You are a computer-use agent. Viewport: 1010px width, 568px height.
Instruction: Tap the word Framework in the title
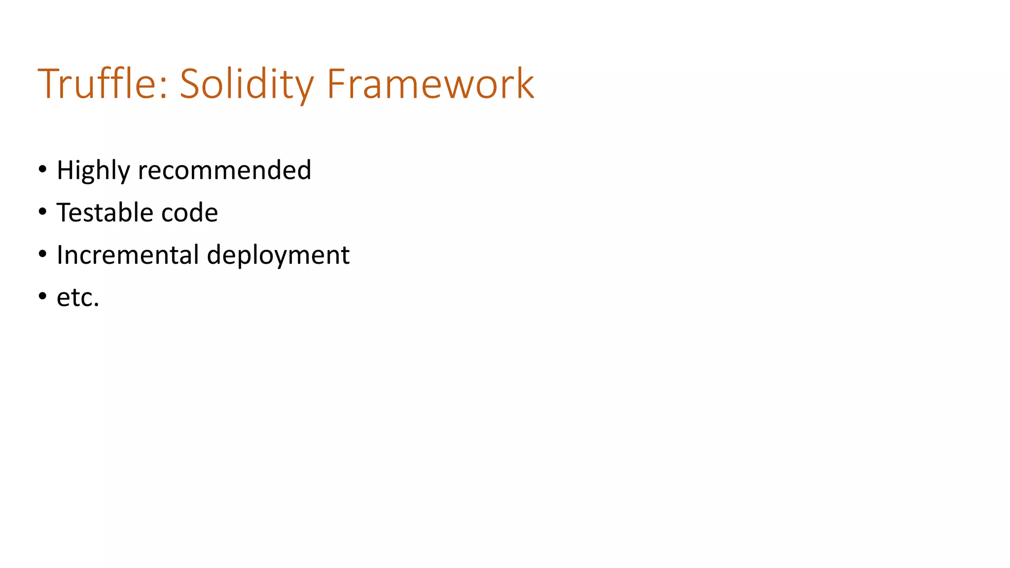pyautogui.click(x=430, y=84)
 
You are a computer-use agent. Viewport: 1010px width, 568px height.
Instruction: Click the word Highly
pyautogui.click(x=93, y=171)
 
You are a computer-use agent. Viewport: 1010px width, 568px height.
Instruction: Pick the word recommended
pyautogui.click(x=224, y=170)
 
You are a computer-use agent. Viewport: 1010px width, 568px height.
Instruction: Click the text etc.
pyautogui.click(x=78, y=298)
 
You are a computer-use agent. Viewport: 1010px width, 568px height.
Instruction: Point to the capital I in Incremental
pyautogui.click(x=60, y=255)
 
